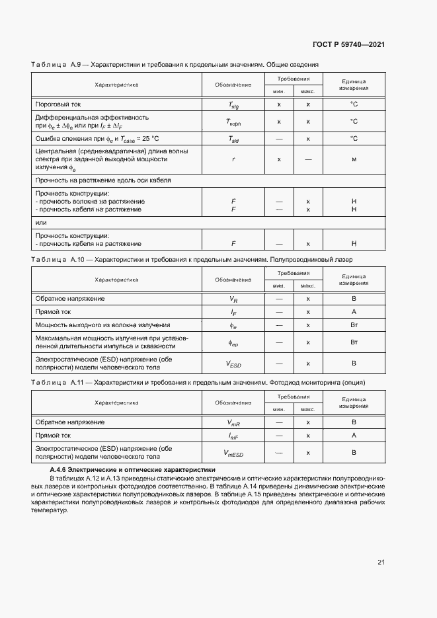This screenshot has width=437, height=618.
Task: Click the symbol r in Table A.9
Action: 233,159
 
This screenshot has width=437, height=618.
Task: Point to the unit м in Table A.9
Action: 354,159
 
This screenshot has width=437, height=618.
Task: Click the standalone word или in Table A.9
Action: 41,222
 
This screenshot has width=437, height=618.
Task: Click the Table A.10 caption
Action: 192,260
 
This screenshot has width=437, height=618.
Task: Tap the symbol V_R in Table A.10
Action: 233,299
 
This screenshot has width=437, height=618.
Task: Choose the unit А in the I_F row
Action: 354,311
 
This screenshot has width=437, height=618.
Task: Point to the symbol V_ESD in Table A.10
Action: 233,363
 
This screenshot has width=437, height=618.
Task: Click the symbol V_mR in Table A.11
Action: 233,422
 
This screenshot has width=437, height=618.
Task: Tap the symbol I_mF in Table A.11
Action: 233,435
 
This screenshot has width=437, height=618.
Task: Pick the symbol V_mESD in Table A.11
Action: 233,452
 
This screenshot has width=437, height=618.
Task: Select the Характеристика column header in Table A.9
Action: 116,85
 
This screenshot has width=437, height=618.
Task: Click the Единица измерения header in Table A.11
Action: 354,402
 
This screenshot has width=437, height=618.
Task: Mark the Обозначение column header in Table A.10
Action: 233,280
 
